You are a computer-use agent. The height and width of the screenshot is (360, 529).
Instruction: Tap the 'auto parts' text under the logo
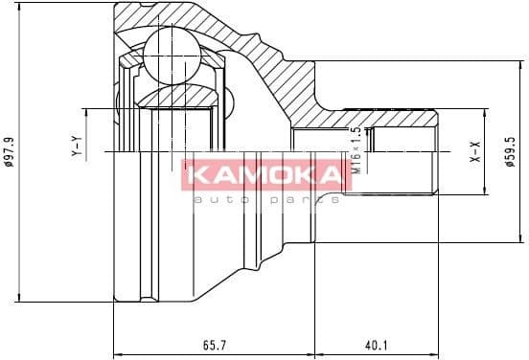[265, 199]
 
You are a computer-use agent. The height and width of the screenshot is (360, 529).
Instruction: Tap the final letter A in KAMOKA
[330, 173]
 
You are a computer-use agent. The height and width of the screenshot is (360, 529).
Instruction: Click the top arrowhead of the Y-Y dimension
[87, 113]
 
